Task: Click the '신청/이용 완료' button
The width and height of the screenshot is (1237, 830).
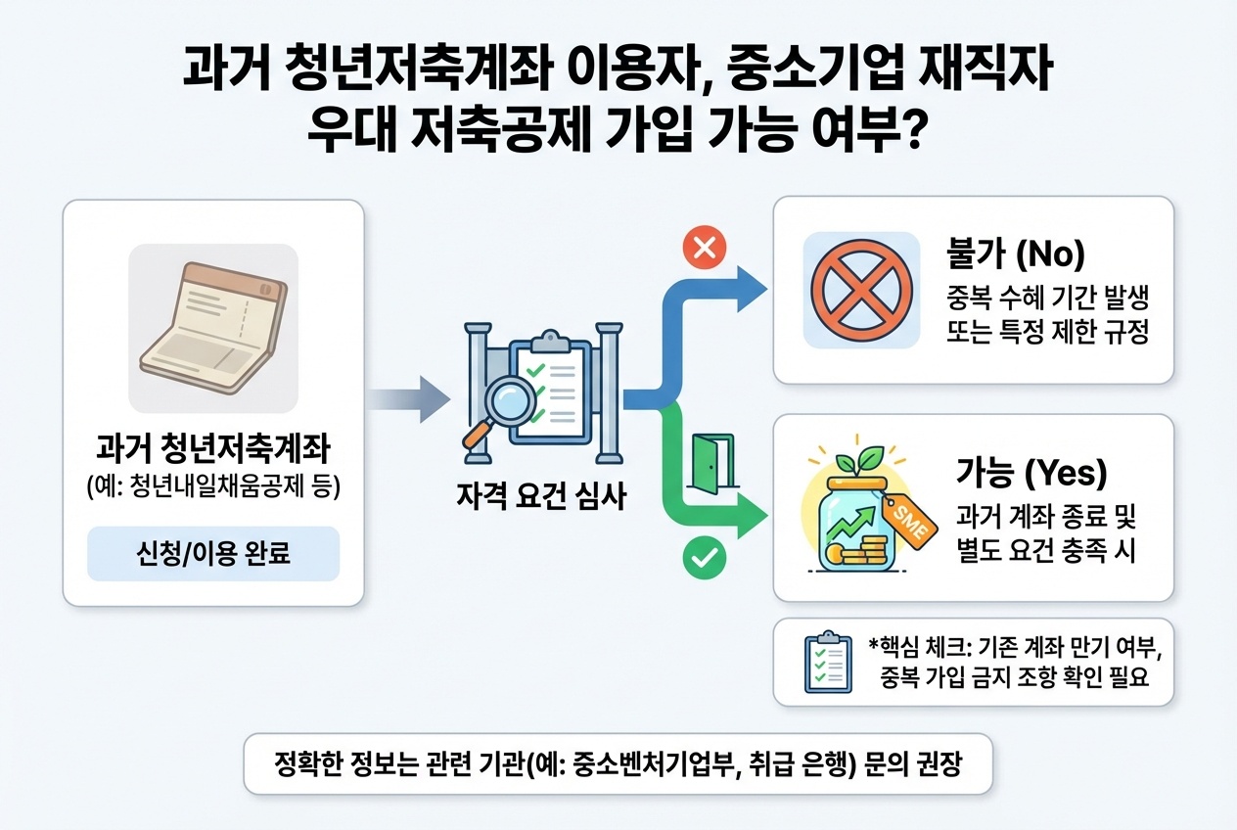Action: click(x=213, y=555)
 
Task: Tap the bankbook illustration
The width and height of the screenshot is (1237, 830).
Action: click(x=213, y=329)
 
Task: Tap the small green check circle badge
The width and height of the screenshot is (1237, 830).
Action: click(x=701, y=558)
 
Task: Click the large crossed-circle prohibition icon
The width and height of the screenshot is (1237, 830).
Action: click(x=861, y=291)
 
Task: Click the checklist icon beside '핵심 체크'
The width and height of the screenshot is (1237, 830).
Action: click(x=823, y=663)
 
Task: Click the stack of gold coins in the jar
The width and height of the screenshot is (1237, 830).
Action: click(x=862, y=556)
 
